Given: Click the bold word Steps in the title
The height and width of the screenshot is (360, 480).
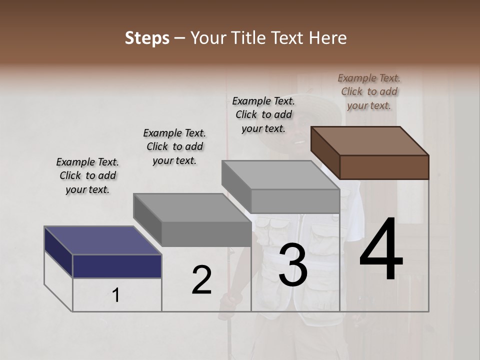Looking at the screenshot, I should click(x=147, y=38).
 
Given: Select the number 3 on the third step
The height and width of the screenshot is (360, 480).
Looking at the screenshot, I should click(x=292, y=265).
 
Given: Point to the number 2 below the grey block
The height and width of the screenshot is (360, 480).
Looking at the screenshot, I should click(x=201, y=280).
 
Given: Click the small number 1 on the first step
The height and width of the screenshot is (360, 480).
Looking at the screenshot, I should click(x=116, y=295).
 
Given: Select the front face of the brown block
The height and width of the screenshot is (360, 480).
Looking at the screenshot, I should click(x=384, y=167).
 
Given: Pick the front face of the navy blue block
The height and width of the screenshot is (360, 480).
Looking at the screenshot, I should click(x=117, y=266).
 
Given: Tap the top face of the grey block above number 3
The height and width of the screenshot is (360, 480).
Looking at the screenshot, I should click(x=280, y=175).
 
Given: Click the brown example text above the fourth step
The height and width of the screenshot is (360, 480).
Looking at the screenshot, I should click(x=369, y=91).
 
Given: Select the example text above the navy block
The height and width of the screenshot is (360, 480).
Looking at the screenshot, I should click(x=87, y=175).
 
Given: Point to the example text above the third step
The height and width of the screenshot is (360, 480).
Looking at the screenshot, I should click(x=263, y=114).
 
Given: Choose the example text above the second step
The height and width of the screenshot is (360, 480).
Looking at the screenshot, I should click(x=174, y=146).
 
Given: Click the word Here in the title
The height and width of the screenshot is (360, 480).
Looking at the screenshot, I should click(x=327, y=38).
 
